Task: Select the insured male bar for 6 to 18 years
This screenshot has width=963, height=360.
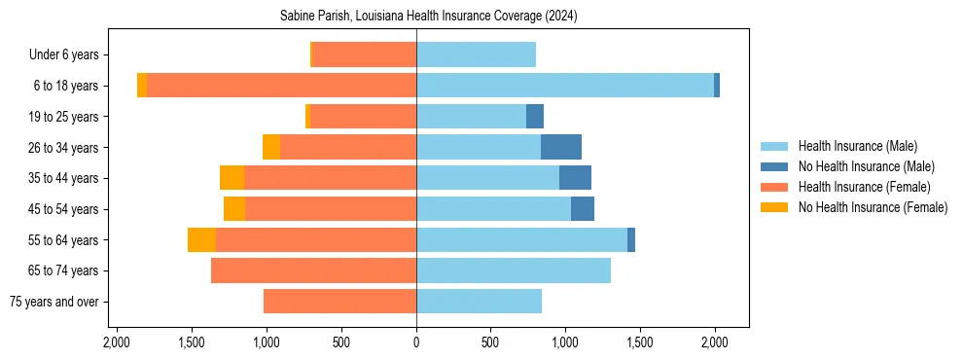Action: click(565, 86)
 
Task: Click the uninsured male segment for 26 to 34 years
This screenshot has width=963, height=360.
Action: click(561, 147)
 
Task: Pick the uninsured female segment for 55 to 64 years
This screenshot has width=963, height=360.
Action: click(201, 239)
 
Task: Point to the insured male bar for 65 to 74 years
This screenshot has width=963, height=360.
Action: click(514, 270)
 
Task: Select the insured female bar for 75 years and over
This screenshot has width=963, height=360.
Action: click(339, 302)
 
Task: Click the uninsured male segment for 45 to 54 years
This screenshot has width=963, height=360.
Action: click(583, 209)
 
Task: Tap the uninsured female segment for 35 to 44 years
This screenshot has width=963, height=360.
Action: click(232, 178)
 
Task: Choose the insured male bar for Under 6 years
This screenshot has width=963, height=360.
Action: click(476, 54)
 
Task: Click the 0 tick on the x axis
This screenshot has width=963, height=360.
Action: click(416, 342)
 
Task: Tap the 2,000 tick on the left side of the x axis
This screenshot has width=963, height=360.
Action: click(117, 342)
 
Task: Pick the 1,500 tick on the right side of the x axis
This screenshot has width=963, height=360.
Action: click(640, 342)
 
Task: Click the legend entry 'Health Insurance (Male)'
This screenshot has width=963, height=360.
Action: click(857, 146)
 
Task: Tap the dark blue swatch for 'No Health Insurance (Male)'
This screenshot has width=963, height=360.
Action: click(774, 166)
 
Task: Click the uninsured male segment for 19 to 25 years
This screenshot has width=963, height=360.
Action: click(535, 117)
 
